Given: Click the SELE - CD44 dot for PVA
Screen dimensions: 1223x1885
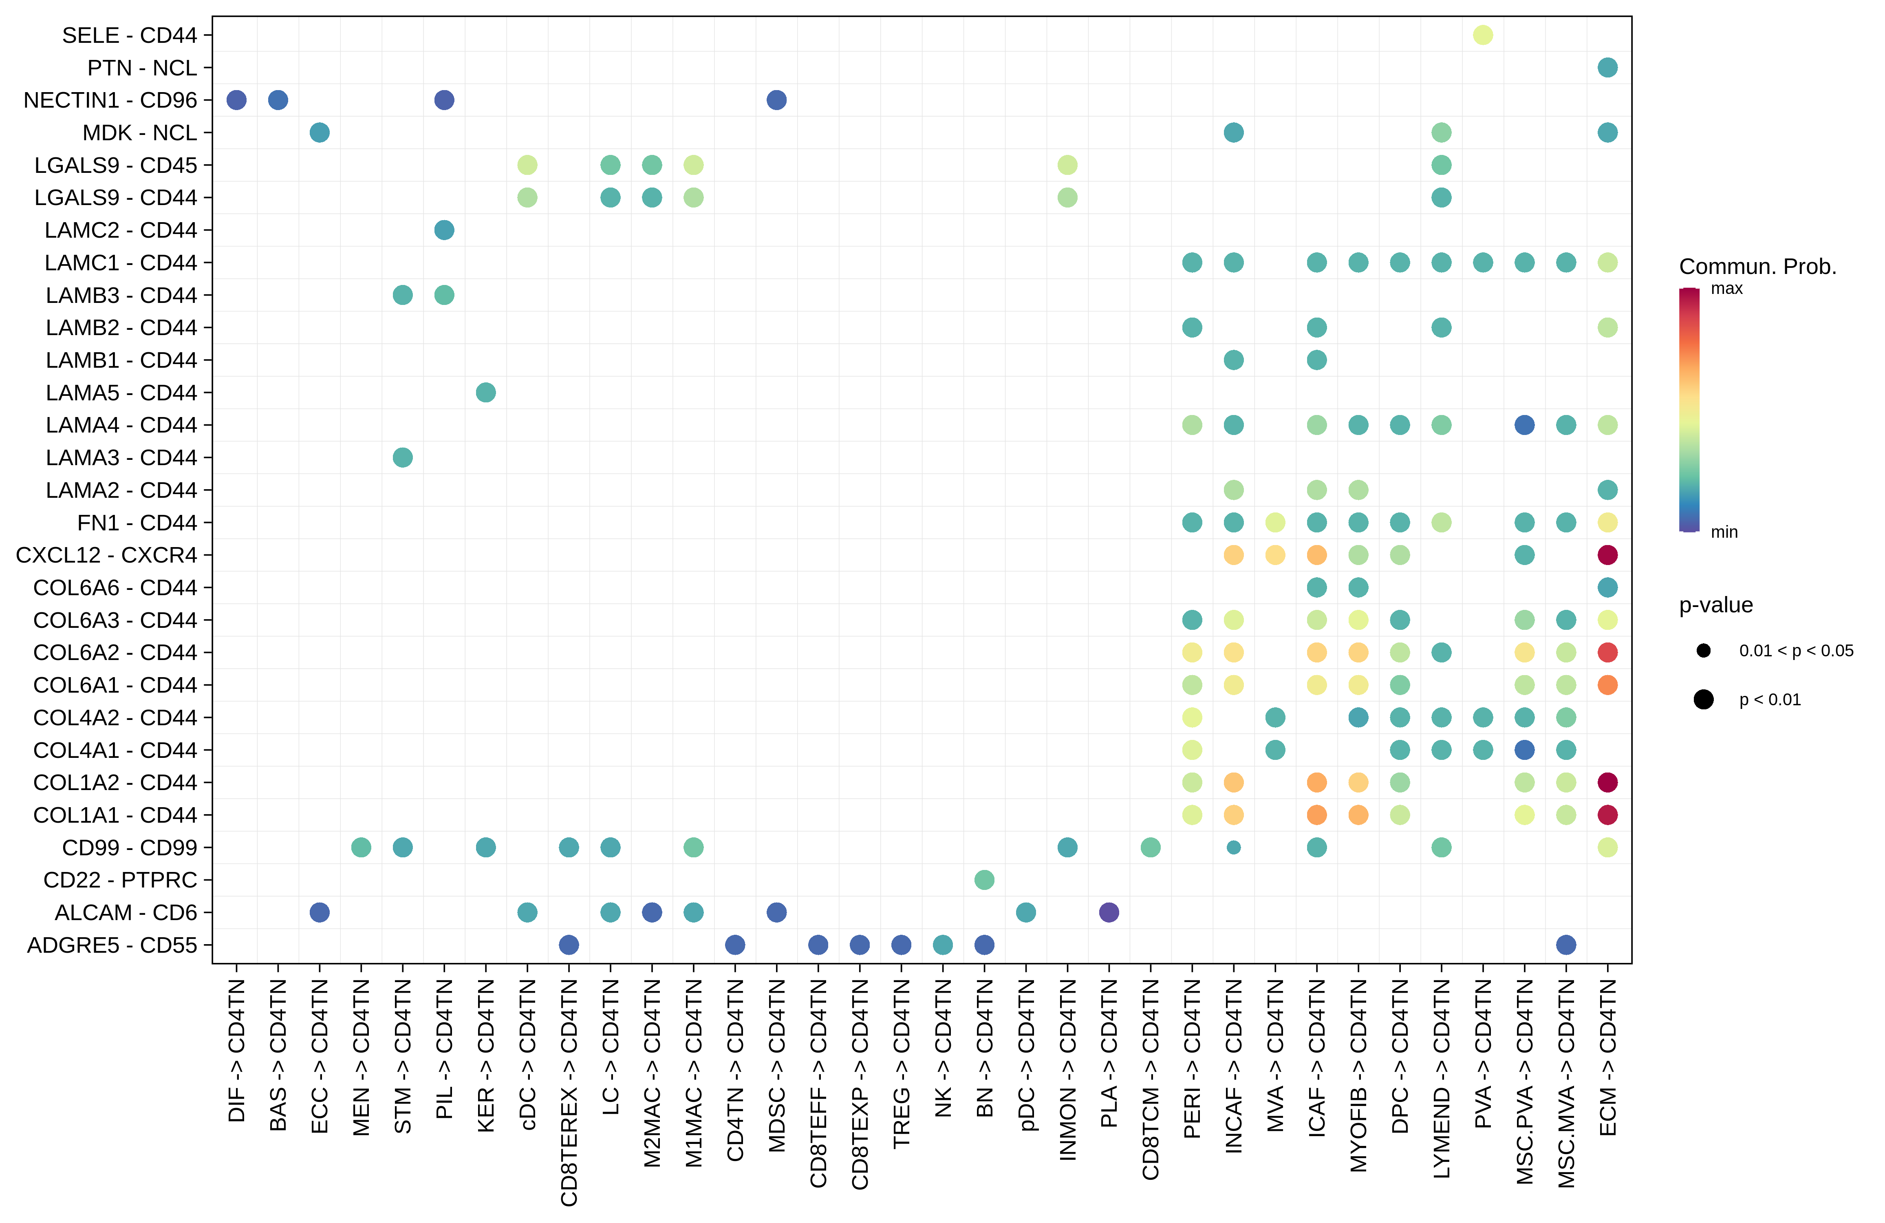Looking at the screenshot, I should point(1483,35).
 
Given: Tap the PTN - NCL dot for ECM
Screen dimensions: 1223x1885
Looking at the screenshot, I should point(1607,67).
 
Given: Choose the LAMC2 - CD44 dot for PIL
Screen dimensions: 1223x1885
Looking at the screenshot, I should point(444,230).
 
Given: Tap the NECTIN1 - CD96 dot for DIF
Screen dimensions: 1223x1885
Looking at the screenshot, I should point(236,100).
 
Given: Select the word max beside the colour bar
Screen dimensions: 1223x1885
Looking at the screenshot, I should point(1726,288).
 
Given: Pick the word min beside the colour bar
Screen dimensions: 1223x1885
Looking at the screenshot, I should point(1724,532).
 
